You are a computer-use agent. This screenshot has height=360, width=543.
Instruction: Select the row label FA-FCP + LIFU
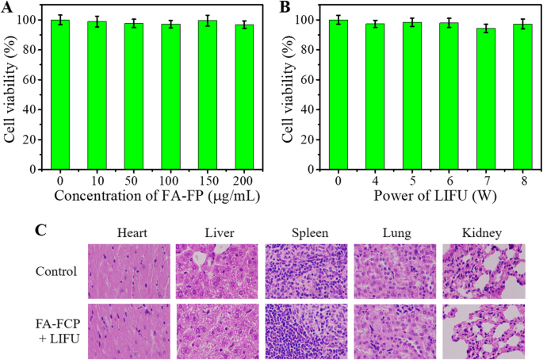[60, 331]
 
